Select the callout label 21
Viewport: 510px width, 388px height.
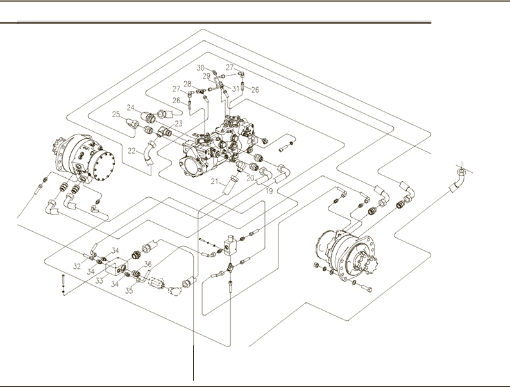[x=216, y=182]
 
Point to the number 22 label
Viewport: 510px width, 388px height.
[x=131, y=152]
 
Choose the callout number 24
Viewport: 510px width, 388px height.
[x=130, y=108]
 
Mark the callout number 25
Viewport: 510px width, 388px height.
[x=116, y=115]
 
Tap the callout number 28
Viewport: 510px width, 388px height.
[x=187, y=84]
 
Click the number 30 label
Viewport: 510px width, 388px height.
[x=200, y=67]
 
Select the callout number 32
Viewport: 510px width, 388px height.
[x=76, y=265]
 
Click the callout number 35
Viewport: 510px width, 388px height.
[x=129, y=290]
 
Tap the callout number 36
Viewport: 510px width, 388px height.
[x=147, y=264]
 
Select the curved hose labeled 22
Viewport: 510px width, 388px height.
[x=149, y=154]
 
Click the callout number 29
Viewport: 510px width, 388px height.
[x=207, y=76]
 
